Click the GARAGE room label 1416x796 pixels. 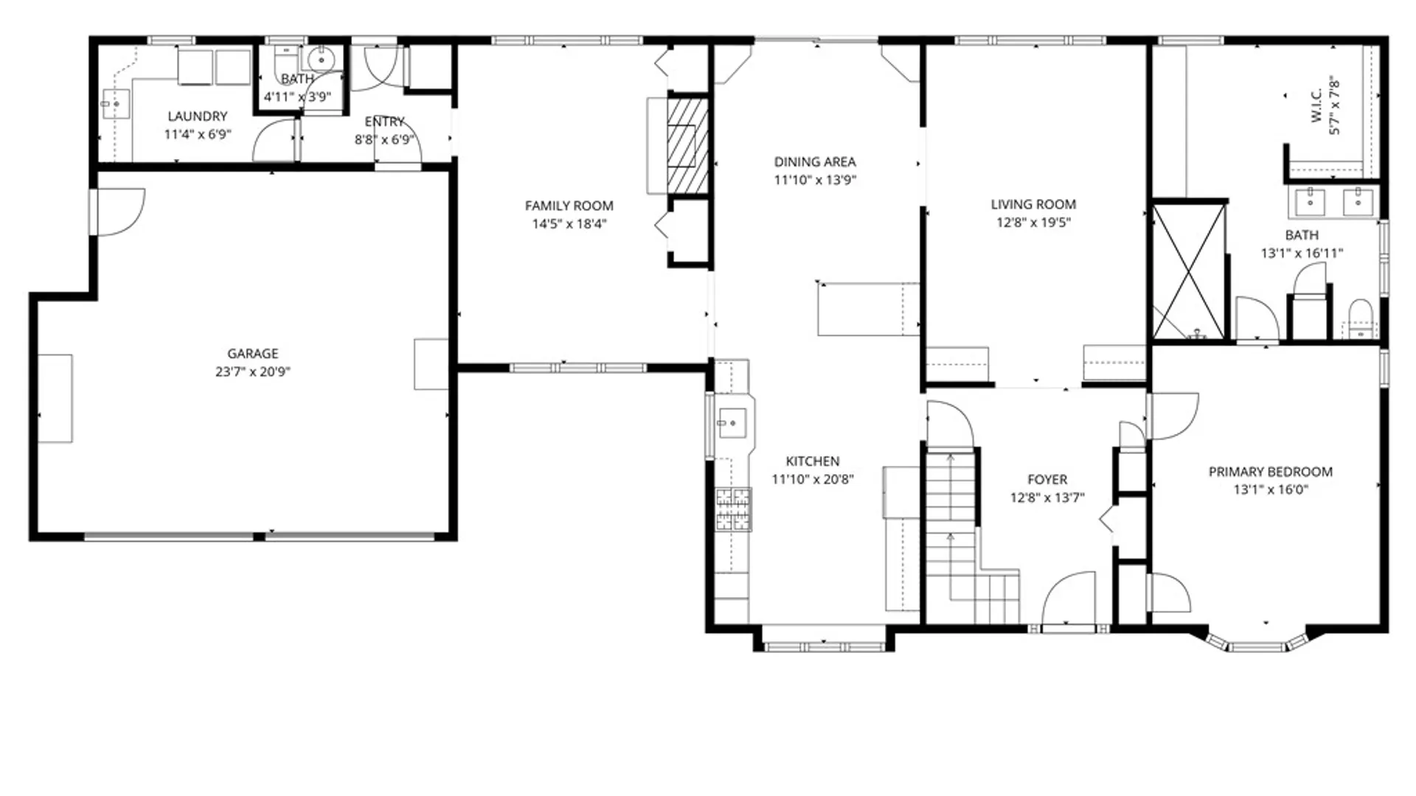pos(252,354)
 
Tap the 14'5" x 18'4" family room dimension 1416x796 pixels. pos(569,224)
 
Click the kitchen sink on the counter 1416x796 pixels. pos(732,423)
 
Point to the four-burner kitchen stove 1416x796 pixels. pos(733,509)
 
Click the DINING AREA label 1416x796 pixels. pos(814,162)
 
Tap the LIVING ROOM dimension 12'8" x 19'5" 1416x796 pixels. pos(1032,223)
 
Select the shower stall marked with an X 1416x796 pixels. pos(1188,271)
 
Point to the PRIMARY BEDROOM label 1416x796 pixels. pos(1270,472)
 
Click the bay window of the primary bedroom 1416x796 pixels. pos(1257,645)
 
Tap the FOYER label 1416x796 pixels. pos(1047,480)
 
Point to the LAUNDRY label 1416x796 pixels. pos(197,116)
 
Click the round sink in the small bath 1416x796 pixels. pos(321,59)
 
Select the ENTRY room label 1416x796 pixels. pos(384,122)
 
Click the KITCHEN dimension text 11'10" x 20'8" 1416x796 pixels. pos(812,480)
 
